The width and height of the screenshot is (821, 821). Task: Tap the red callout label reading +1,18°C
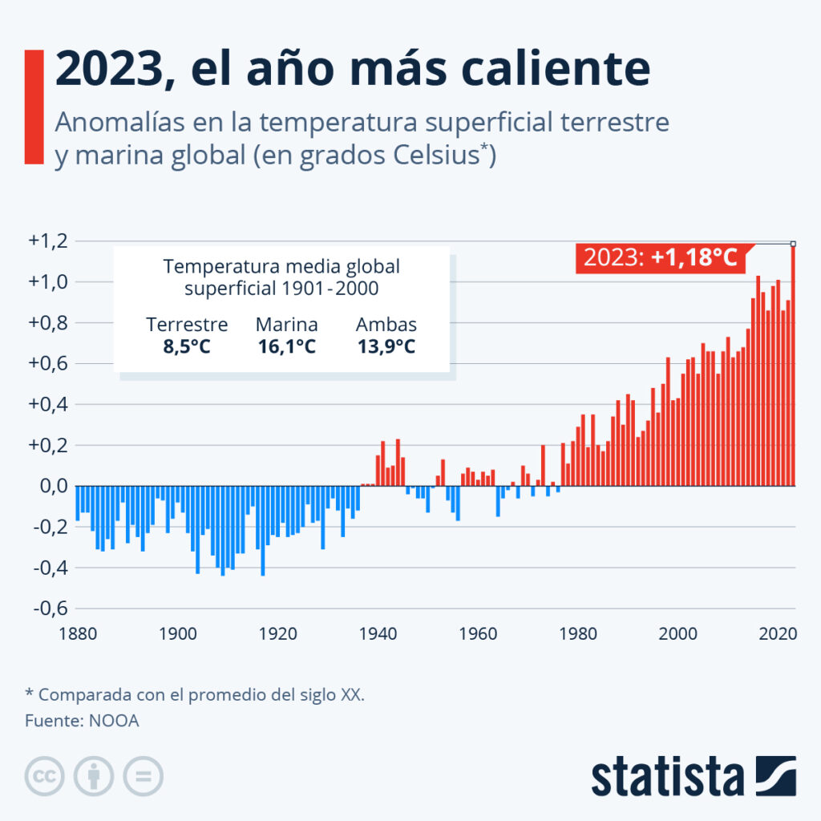click(x=660, y=257)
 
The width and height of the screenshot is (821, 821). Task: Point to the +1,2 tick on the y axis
click(x=49, y=241)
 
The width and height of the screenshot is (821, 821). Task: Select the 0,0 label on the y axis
click(x=49, y=486)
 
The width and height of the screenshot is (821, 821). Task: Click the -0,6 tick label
click(x=49, y=608)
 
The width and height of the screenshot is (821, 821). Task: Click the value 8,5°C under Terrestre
click(x=187, y=347)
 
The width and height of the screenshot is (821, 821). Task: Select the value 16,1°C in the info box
click(x=287, y=347)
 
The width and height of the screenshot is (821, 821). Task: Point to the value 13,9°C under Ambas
click(x=386, y=347)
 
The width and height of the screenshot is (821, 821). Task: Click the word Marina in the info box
click(x=287, y=325)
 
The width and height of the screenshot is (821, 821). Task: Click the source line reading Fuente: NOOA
click(x=82, y=720)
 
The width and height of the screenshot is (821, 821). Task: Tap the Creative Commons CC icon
click(x=45, y=776)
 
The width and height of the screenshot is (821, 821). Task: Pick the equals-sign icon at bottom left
click(x=143, y=776)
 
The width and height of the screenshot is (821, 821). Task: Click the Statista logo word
click(x=667, y=778)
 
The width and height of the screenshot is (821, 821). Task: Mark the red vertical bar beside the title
click(x=34, y=107)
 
